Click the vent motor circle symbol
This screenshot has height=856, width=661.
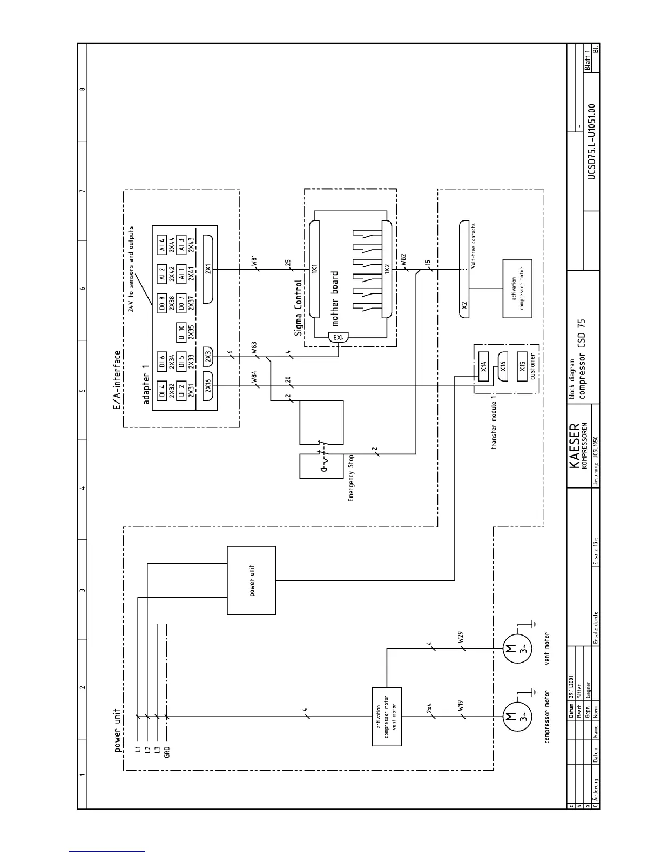pos(510,648)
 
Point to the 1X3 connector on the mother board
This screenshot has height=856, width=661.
pos(338,337)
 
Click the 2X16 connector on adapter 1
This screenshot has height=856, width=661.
pos(208,386)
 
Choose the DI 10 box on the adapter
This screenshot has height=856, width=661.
pos(181,331)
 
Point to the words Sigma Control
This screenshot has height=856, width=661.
pos(299,309)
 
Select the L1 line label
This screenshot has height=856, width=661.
pos(138,749)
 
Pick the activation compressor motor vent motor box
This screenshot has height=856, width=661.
pos(387,717)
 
